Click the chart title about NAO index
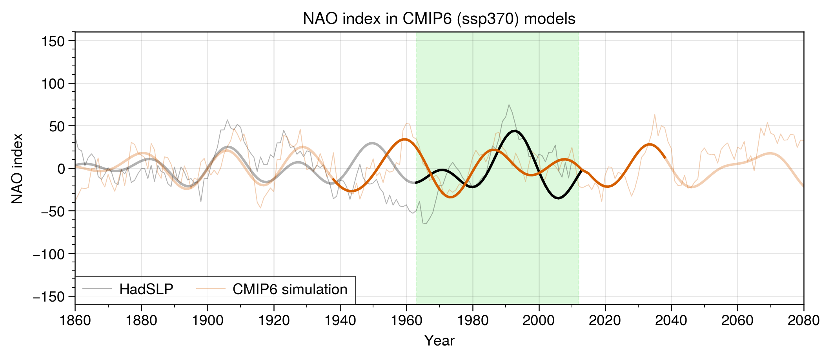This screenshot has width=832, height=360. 439,19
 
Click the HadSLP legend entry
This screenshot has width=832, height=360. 146,289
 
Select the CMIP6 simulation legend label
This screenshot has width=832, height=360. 290,289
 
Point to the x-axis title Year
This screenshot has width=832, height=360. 439,341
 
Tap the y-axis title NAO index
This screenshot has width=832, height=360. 17,169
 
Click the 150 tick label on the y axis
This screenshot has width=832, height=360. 53,41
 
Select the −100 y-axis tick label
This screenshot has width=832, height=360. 49,254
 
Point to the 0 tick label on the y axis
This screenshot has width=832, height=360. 61,169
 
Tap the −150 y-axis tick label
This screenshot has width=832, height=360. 49,296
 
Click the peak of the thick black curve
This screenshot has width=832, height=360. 514,131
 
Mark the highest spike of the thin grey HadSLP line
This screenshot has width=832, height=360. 509,105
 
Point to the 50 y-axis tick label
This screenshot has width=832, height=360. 57,126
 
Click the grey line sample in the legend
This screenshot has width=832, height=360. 97,289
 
